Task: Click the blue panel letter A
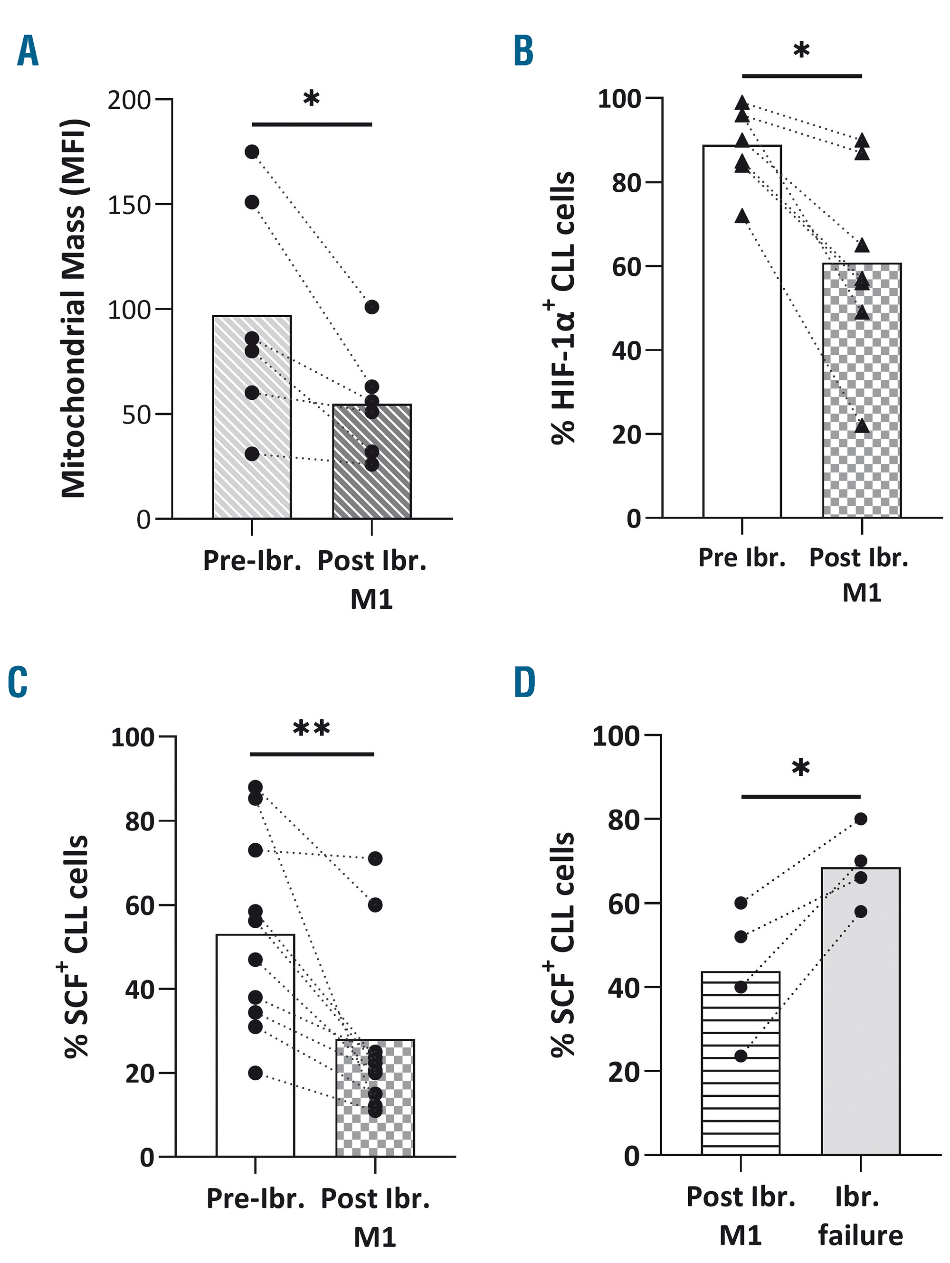pos(28,51)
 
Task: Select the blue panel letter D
pos(524,683)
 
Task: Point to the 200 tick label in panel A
pos(129,101)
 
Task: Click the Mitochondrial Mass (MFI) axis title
pos(74,308)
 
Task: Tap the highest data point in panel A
pos(252,152)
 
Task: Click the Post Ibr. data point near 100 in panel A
pos(372,307)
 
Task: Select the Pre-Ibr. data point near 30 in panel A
pos(252,454)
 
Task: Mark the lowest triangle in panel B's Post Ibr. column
pos(862,426)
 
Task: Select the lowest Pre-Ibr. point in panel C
pos(256,1073)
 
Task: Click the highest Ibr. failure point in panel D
pos(861,819)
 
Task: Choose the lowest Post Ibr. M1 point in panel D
pos(741,1056)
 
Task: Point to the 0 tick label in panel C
pos(147,1158)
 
